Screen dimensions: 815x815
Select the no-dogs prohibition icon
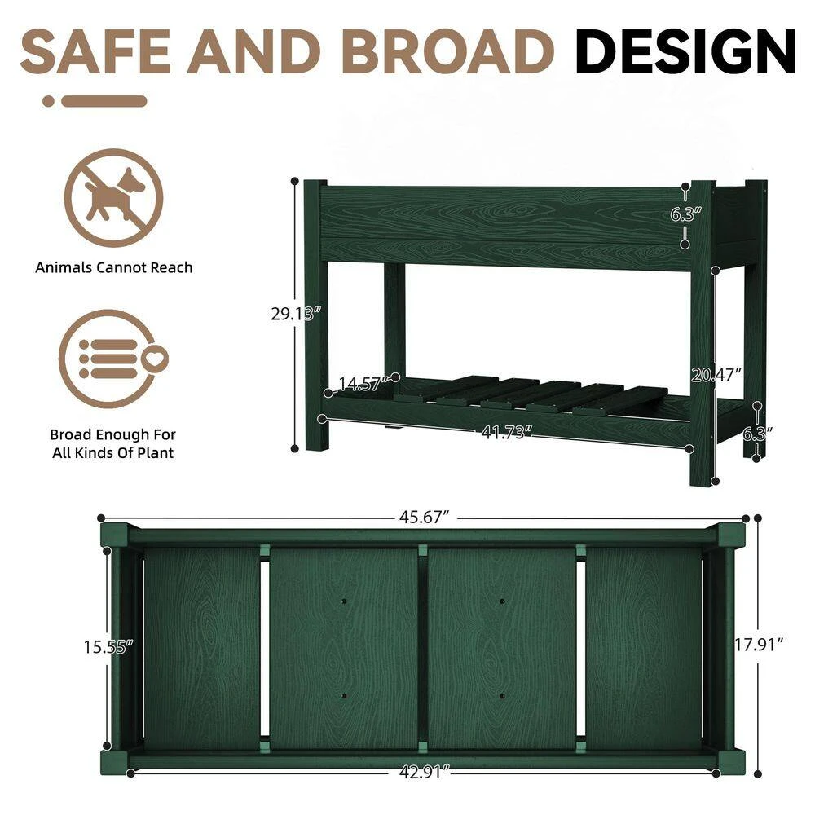113,197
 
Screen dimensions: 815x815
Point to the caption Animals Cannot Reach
113,267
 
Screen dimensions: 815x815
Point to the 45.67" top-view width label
425,518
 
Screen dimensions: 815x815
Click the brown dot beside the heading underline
49,102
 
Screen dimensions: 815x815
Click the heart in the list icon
153,356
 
